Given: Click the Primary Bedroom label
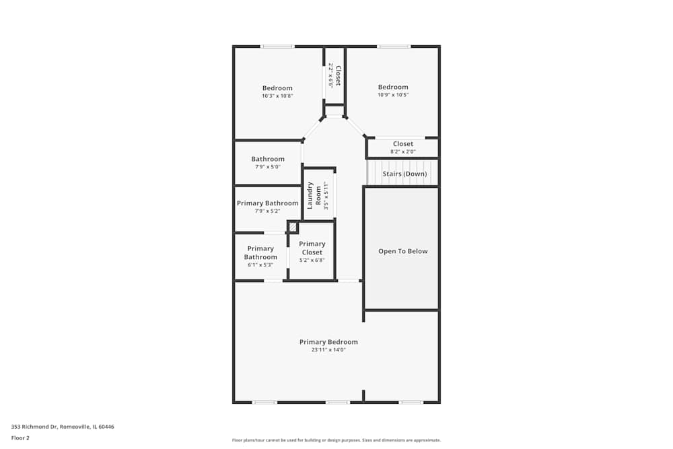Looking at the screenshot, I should (328, 342).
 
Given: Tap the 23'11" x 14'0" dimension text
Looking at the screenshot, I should (328, 350).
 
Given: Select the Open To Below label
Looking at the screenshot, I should (402, 251).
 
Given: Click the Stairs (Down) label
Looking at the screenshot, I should (404, 174).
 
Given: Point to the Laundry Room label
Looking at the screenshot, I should (314, 195).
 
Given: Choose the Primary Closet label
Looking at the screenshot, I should (312, 248).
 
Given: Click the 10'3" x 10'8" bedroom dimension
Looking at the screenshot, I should (277, 96).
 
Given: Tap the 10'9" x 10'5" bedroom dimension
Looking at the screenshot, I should (393, 95).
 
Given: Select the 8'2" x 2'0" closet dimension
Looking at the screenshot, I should (403, 152).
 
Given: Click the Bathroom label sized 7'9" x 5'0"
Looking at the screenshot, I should (268, 159).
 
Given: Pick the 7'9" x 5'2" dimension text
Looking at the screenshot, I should (267, 211).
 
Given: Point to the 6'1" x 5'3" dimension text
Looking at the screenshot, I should (260, 265).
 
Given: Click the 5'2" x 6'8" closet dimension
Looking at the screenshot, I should (312, 261).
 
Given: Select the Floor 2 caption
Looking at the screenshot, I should (20, 438).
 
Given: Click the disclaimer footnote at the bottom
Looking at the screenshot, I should (336, 440).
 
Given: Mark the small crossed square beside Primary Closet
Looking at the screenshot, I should (293, 227).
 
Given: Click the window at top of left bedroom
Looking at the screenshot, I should (277, 46).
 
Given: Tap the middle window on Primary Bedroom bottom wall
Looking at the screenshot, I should (338, 403).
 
